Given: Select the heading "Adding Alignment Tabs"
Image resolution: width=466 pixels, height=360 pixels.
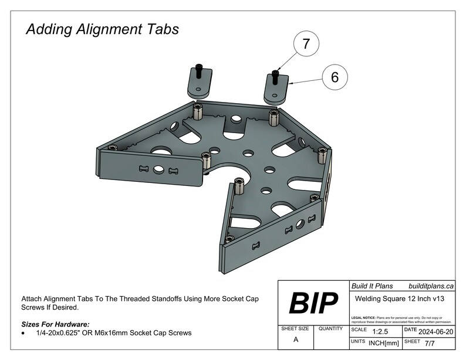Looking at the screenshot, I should click(x=102, y=29).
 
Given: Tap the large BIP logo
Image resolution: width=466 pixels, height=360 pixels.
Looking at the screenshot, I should click(x=313, y=303).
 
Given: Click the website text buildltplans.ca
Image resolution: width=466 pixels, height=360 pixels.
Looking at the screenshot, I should click(x=431, y=286).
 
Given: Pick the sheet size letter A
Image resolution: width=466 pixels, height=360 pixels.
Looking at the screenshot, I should click(x=296, y=339).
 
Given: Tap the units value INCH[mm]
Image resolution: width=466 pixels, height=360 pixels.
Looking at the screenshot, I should click(x=384, y=342).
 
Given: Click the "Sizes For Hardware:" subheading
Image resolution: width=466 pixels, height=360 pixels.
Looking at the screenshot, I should click(x=55, y=324).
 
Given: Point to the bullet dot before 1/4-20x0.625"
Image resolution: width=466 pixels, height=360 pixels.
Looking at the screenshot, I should click(x=23, y=333).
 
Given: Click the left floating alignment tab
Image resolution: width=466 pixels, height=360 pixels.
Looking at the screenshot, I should click(x=198, y=84).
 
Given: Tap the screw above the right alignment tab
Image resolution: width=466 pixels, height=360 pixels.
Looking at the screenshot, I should click(x=276, y=75).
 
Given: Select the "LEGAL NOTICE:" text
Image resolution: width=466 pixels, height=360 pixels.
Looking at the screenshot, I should click(x=364, y=317).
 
